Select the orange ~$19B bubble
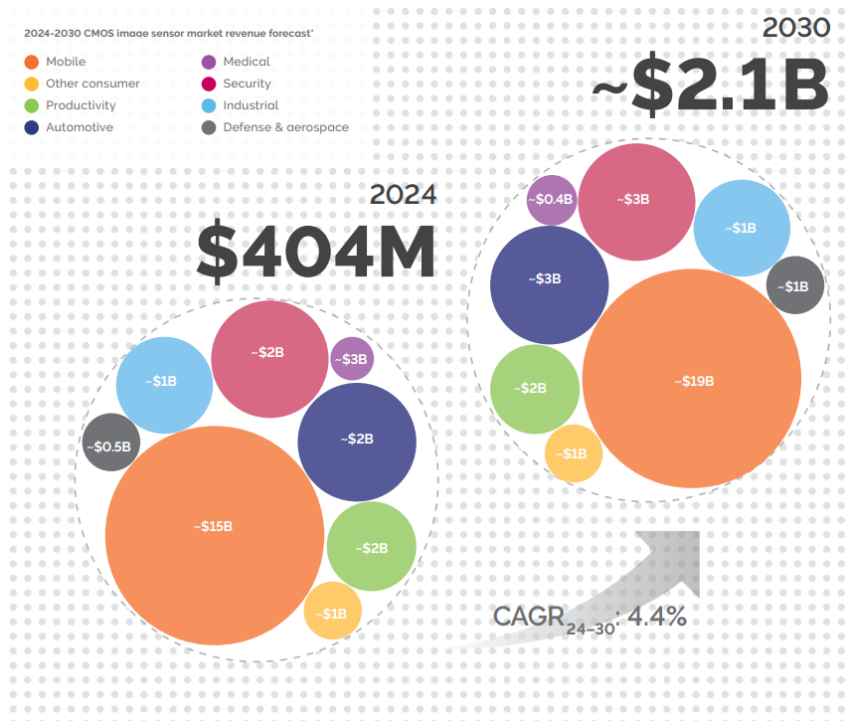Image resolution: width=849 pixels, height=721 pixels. click(x=692, y=380)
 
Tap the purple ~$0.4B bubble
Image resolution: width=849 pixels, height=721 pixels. click(x=552, y=199)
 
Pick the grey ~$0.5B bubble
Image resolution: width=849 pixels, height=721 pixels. click(x=111, y=447)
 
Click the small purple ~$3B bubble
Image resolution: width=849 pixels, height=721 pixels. click(x=352, y=359)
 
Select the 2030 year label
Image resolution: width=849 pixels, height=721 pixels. click(x=795, y=27)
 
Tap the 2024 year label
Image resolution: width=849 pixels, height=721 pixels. click(x=403, y=194)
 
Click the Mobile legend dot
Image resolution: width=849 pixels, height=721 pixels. click(x=32, y=62)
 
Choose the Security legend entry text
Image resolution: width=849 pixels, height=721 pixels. click(x=247, y=84)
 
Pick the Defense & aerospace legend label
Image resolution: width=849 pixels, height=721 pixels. click(x=285, y=127)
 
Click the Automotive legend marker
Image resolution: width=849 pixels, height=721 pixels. click(x=32, y=127)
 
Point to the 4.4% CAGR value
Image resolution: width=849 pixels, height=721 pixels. click(x=656, y=616)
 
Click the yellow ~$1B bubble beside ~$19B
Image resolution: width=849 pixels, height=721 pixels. click(x=573, y=453)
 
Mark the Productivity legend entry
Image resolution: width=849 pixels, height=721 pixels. click(x=81, y=105)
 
